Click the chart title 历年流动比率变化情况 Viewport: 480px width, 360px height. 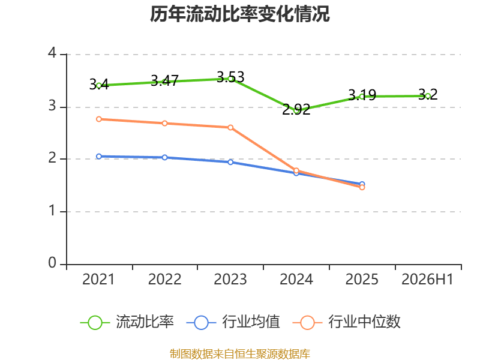pyautogui.click(x=239, y=14)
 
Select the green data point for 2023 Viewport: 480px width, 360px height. pyautogui.click(x=230, y=79)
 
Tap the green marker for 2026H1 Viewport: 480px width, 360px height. pyautogui.click(x=428, y=96)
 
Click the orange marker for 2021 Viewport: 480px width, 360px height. pyautogui.click(x=99, y=119)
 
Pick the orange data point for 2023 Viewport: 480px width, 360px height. pyautogui.click(x=230, y=127)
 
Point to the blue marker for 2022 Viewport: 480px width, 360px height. pyautogui.click(x=164, y=157)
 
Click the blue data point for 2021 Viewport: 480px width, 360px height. pyautogui.click(x=99, y=157)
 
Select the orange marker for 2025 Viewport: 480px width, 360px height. pyautogui.click(x=362, y=187)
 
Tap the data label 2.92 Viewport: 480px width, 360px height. pyautogui.click(x=296, y=110)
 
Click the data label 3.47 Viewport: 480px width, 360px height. pyautogui.click(x=164, y=81)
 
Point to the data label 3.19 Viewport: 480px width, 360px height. pyautogui.click(x=362, y=95)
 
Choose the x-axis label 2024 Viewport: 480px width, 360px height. pyautogui.click(x=296, y=280)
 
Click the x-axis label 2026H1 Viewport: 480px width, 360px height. pyautogui.click(x=427, y=280)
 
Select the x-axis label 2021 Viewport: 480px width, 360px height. pyautogui.click(x=98, y=280)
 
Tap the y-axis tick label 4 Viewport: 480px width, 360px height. pyautogui.click(x=52, y=53)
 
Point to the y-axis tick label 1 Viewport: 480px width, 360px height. pyautogui.click(x=53, y=211)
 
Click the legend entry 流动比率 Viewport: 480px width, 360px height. pyautogui.click(x=127, y=322)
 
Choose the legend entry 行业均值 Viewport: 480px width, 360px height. pyautogui.click(x=233, y=322)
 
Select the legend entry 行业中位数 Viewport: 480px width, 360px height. pyautogui.click(x=347, y=322)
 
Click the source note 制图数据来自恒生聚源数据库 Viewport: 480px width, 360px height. pyautogui.click(x=239, y=353)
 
